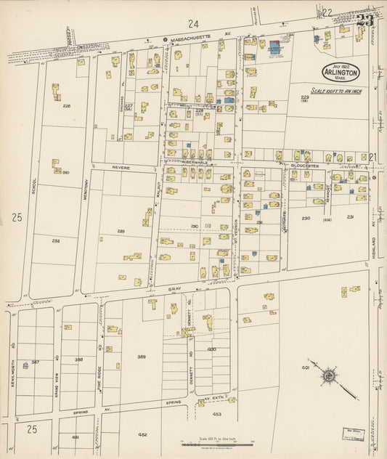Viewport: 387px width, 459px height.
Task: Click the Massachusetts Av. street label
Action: click(x=200, y=36)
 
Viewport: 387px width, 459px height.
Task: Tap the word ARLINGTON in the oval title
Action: click(x=341, y=73)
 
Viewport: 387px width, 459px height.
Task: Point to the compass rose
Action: click(x=329, y=375)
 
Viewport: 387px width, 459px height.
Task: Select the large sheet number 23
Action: click(x=364, y=20)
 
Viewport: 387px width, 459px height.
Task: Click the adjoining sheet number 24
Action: click(x=193, y=24)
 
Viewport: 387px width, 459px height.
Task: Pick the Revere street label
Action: click(x=121, y=167)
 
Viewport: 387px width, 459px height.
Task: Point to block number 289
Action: click(x=121, y=232)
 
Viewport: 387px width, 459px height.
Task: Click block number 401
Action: click(x=306, y=367)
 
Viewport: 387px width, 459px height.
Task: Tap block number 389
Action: click(x=142, y=356)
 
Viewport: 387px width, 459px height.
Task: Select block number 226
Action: click(x=67, y=106)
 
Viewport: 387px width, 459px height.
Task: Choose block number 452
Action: click(x=143, y=434)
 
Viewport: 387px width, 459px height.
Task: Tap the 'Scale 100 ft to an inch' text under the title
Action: click(x=341, y=91)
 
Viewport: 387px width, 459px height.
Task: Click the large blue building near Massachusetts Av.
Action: click(x=274, y=47)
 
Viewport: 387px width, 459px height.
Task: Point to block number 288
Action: click(x=56, y=240)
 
